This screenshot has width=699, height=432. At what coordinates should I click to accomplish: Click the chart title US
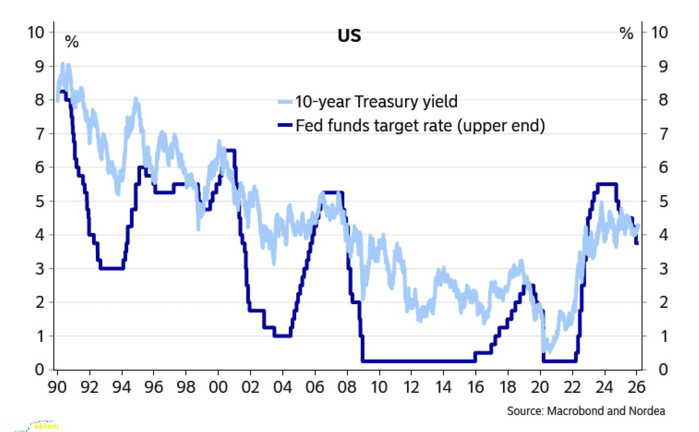click(349, 36)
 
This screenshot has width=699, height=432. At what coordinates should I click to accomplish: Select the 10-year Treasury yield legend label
click(376, 102)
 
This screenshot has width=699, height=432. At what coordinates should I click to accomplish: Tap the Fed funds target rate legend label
click(420, 126)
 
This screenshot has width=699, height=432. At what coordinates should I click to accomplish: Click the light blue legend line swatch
click(285, 102)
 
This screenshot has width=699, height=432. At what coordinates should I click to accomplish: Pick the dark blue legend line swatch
click(285, 126)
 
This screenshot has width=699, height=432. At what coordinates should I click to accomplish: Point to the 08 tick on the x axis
click(347, 387)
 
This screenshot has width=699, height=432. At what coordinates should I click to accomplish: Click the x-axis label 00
click(218, 387)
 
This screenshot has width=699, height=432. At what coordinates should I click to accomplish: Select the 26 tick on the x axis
click(637, 387)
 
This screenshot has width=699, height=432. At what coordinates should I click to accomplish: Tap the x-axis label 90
click(57, 387)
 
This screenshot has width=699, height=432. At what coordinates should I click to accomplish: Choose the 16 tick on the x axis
click(475, 387)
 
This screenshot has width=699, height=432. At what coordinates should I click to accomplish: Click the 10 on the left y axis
click(36, 32)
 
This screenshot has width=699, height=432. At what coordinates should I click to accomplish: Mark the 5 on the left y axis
click(40, 201)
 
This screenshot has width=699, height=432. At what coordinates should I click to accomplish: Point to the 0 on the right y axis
click(663, 369)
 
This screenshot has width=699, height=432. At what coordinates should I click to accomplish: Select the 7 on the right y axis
click(663, 134)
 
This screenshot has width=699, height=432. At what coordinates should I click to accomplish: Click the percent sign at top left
click(72, 42)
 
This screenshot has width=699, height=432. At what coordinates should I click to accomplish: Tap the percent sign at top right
click(626, 33)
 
